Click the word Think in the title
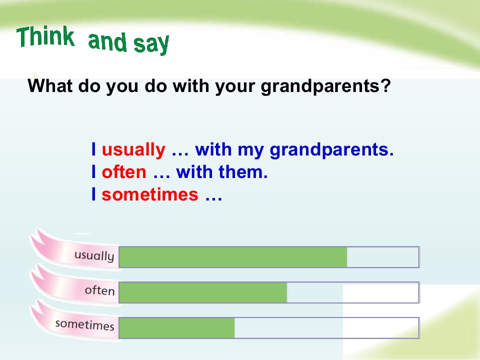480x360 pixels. pos(45,36)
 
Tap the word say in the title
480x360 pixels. pos(151,44)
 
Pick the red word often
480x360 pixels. pos(124,171)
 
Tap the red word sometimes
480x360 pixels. pos(150,194)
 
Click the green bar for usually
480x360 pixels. pos(233,257)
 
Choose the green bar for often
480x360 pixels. pos(203,292)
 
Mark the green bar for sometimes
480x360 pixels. pos(177,328)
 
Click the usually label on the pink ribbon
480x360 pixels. pos(94,256)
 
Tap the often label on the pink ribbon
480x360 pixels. pos(100,290)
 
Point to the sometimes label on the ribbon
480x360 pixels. pos(85,325)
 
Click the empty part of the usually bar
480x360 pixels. pos(383,257)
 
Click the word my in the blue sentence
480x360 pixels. pos(250,151)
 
